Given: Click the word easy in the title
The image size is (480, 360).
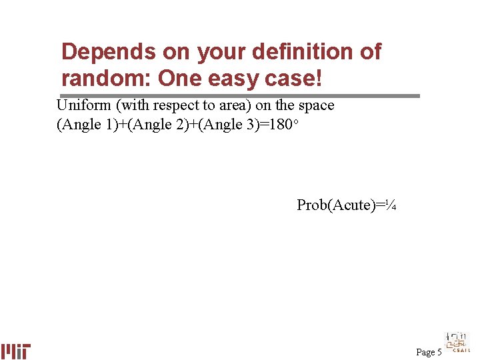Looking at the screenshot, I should click(x=237, y=79).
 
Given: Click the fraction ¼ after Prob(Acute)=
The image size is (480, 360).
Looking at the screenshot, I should click(x=392, y=205).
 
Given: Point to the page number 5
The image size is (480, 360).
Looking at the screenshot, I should click(x=439, y=352).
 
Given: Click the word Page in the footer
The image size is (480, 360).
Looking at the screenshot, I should click(x=425, y=352).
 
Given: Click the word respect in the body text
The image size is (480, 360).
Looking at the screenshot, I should click(x=180, y=105).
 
